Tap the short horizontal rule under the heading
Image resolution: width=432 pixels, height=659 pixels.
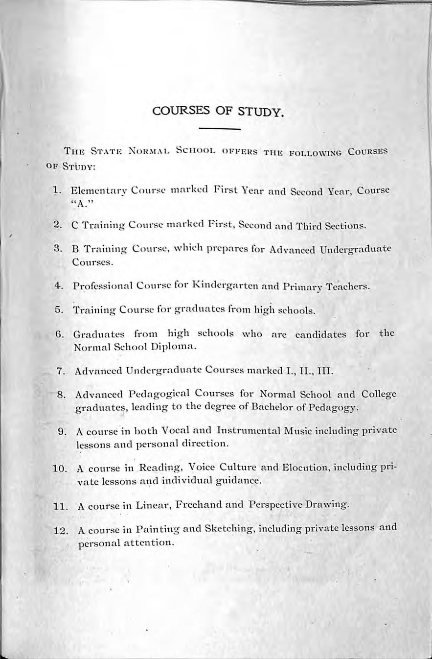(x=220, y=129)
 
